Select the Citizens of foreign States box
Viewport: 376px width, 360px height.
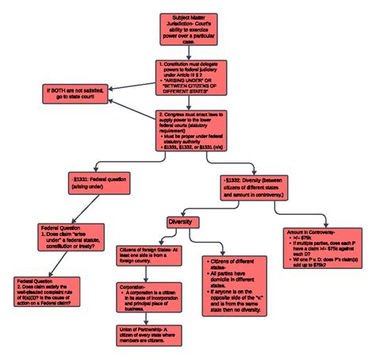coord(148,255)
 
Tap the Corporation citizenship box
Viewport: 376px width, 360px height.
coord(148,298)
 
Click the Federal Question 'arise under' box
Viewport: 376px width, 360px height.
coord(71,236)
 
